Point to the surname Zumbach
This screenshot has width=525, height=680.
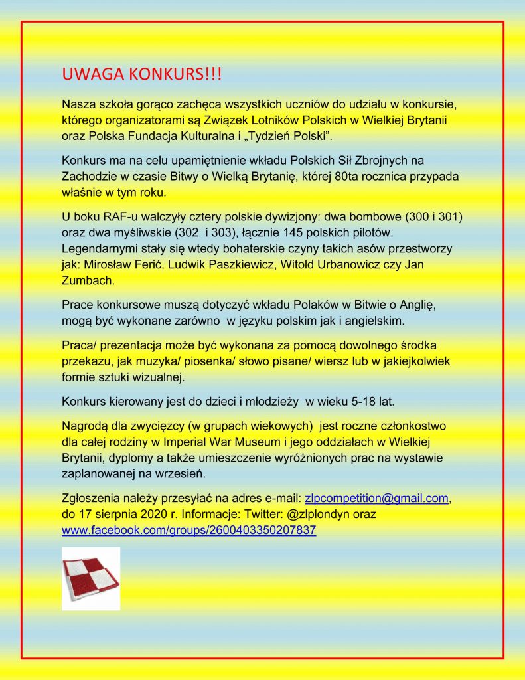[87, 280]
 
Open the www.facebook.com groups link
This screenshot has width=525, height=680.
[188, 530]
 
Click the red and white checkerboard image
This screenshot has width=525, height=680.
[91, 578]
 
